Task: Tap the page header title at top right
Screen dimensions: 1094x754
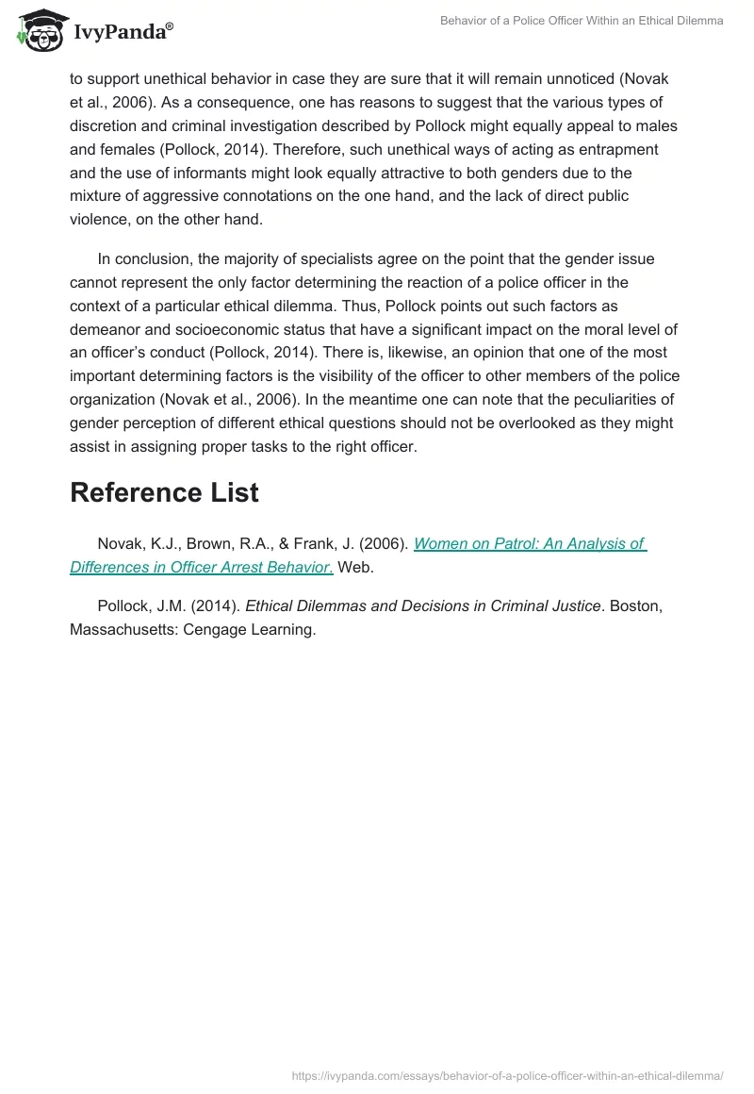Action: [582, 21]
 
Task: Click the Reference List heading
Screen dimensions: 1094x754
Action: [164, 492]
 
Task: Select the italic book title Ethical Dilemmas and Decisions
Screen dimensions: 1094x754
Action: [422, 605]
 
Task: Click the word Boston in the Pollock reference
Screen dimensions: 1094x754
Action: [635, 605]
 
